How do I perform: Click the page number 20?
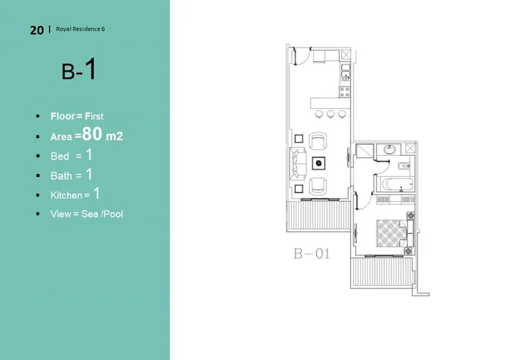(36, 30)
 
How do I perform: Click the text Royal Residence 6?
(79, 29)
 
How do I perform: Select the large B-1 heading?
(79, 70)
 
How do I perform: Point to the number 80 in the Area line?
(93, 135)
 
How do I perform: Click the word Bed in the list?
(59, 156)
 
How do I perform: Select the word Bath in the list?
(61, 176)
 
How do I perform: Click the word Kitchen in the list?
(66, 195)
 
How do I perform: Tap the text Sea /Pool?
(102, 214)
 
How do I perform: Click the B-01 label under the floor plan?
(311, 253)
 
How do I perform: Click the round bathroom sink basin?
(389, 150)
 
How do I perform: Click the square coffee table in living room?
(319, 162)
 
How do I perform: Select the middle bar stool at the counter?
(331, 115)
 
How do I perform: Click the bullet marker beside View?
(38, 214)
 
